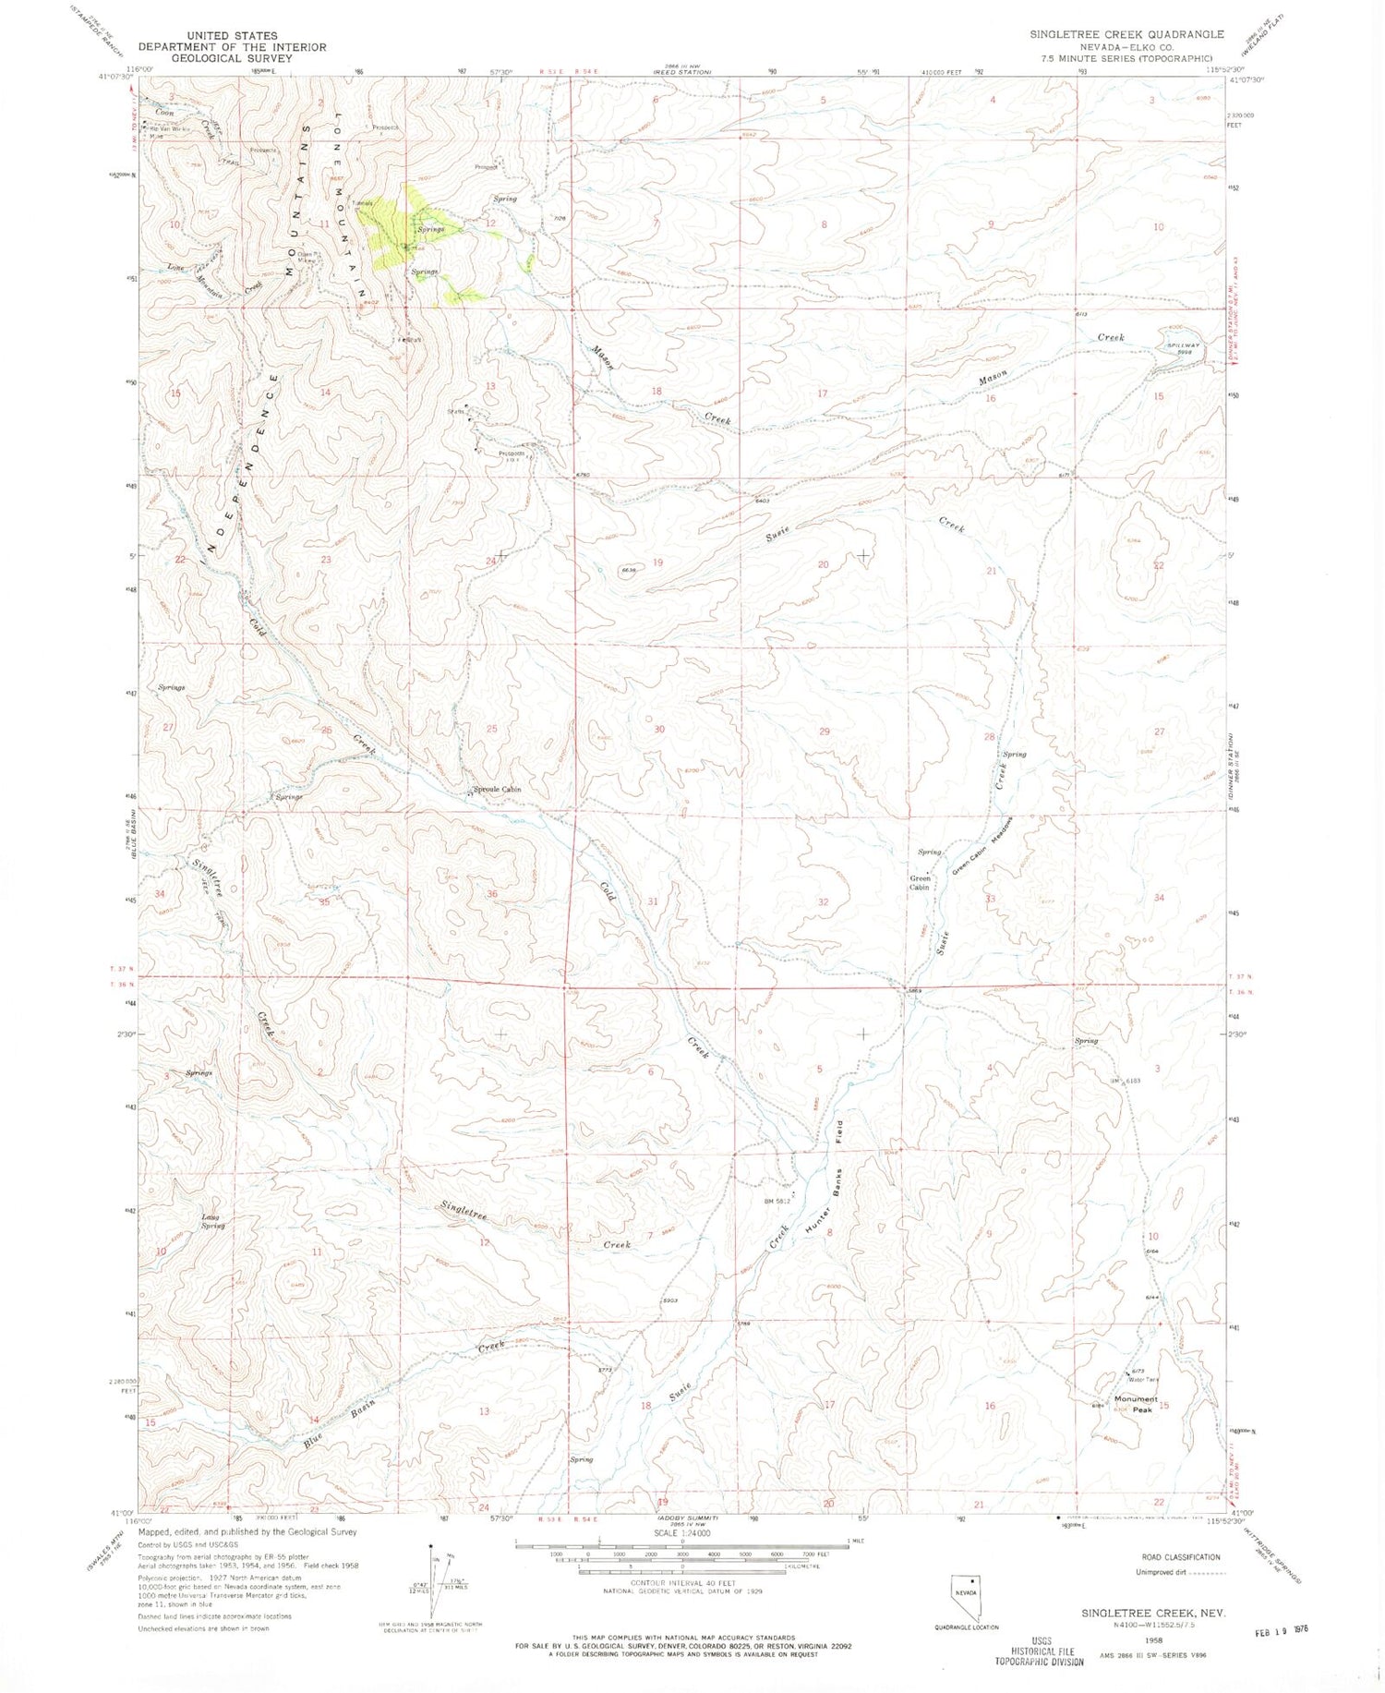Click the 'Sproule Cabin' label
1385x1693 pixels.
(x=498, y=790)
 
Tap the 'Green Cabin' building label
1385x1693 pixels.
(x=919, y=882)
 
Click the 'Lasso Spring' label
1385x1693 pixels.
(x=213, y=1221)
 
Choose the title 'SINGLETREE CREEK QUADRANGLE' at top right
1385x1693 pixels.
(x=1126, y=34)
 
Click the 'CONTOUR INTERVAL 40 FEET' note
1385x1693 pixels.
(x=680, y=1583)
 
